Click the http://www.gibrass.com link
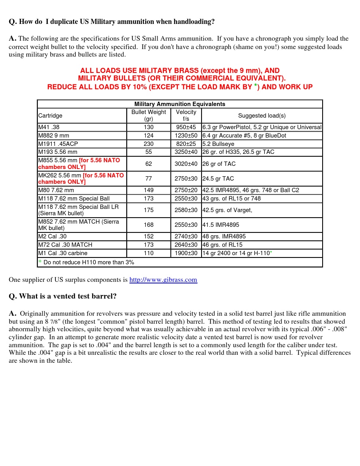(x=163, y=280)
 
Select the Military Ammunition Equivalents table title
(x=180, y=104)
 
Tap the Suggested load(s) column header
(x=262, y=116)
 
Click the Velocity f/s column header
(x=186, y=116)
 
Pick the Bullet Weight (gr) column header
(x=149, y=116)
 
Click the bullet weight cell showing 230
(x=149, y=144)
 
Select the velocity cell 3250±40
(x=186, y=152)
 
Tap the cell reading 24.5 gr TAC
(x=218, y=179)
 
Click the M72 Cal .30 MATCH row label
(x=65, y=245)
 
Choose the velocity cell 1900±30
(x=186, y=253)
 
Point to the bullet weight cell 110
(x=149, y=253)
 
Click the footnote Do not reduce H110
(x=88, y=262)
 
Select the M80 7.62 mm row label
(x=56, y=190)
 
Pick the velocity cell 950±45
(x=186, y=127)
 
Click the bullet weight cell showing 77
(x=149, y=179)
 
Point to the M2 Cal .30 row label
(x=53, y=236)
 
